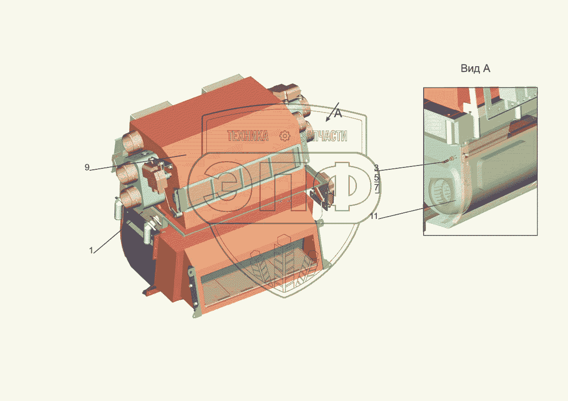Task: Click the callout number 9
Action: (87, 167)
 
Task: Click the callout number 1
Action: (91, 250)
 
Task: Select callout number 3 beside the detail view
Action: (377, 167)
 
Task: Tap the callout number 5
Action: (377, 177)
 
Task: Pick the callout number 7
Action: (377, 187)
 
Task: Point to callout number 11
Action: (374, 216)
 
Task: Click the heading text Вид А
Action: (475, 69)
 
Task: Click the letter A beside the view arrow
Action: (338, 113)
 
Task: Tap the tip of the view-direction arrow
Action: (326, 122)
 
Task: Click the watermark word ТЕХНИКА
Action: (248, 136)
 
